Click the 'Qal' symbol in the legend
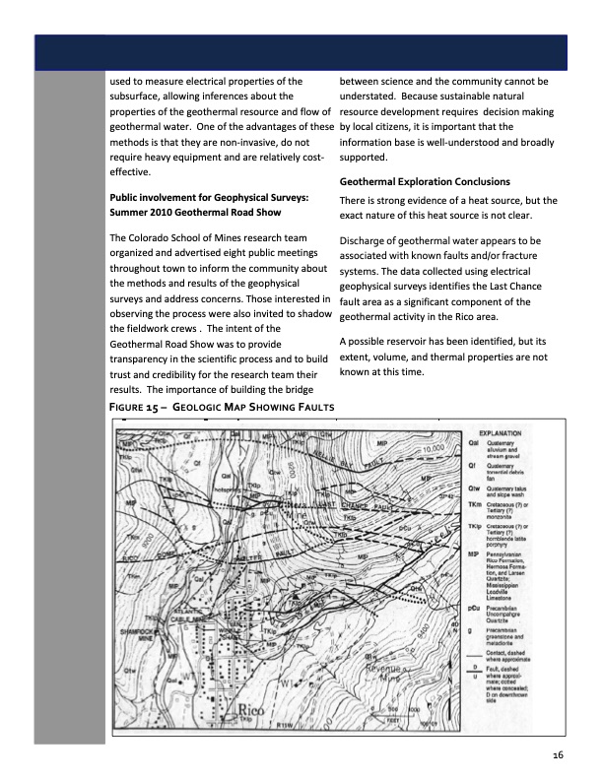(474, 444)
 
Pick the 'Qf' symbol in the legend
(473, 468)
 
